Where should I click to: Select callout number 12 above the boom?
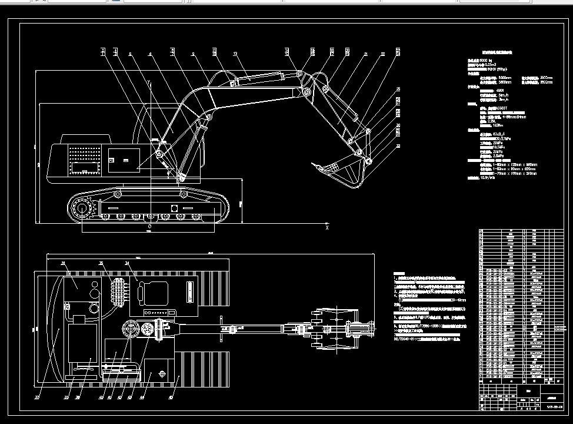235,54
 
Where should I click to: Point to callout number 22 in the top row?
382,54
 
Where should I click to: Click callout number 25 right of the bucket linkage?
398,89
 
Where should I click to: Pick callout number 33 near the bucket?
398,145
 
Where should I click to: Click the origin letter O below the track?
149,226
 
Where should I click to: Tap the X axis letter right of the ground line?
327,227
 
